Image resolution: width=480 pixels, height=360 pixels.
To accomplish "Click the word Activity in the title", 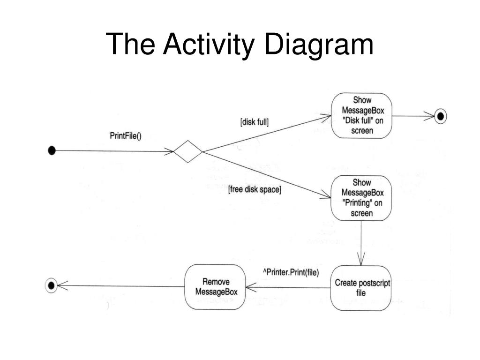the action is tap(209, 45).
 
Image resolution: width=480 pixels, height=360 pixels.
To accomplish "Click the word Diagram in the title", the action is tap(318, 45).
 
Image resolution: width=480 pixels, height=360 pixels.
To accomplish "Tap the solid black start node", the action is tap(52, 150).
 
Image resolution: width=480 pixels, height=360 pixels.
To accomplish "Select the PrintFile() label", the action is tap(126, 135).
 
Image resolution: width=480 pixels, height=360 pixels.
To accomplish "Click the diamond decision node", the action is tap(187, 151).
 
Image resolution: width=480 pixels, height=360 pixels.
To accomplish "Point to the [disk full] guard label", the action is tap(255, 122).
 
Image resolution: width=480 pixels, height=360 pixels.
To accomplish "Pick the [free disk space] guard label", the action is tap(255, 189).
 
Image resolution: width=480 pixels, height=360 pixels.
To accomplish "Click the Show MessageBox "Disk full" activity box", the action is tap(362, 116).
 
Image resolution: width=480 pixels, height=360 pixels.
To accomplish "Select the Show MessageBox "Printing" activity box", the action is tap(361, 198).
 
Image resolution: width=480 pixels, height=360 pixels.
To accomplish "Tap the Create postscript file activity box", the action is tap(361, 288).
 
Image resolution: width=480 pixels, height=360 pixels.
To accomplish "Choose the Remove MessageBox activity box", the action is tap(215, 287).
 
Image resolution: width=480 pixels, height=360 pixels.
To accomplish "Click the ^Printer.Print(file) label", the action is tap(291, 272).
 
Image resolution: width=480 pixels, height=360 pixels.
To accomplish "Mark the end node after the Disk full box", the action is tap(441, 116).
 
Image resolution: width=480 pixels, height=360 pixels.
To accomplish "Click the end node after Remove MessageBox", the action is tap(51, 285).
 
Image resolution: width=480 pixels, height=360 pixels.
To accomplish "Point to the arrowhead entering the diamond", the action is tap(169, 151).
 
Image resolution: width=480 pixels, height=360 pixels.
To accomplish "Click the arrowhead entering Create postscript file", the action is tap(361, 260).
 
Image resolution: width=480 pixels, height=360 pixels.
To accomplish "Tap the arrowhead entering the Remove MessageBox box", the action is tap(251, 287).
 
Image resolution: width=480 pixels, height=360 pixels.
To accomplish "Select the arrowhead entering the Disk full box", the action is tap(326, 118).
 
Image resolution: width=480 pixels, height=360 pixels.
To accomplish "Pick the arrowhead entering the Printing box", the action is tap(325, 195).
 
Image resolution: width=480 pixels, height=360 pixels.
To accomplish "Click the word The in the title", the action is tap(130, 45).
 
